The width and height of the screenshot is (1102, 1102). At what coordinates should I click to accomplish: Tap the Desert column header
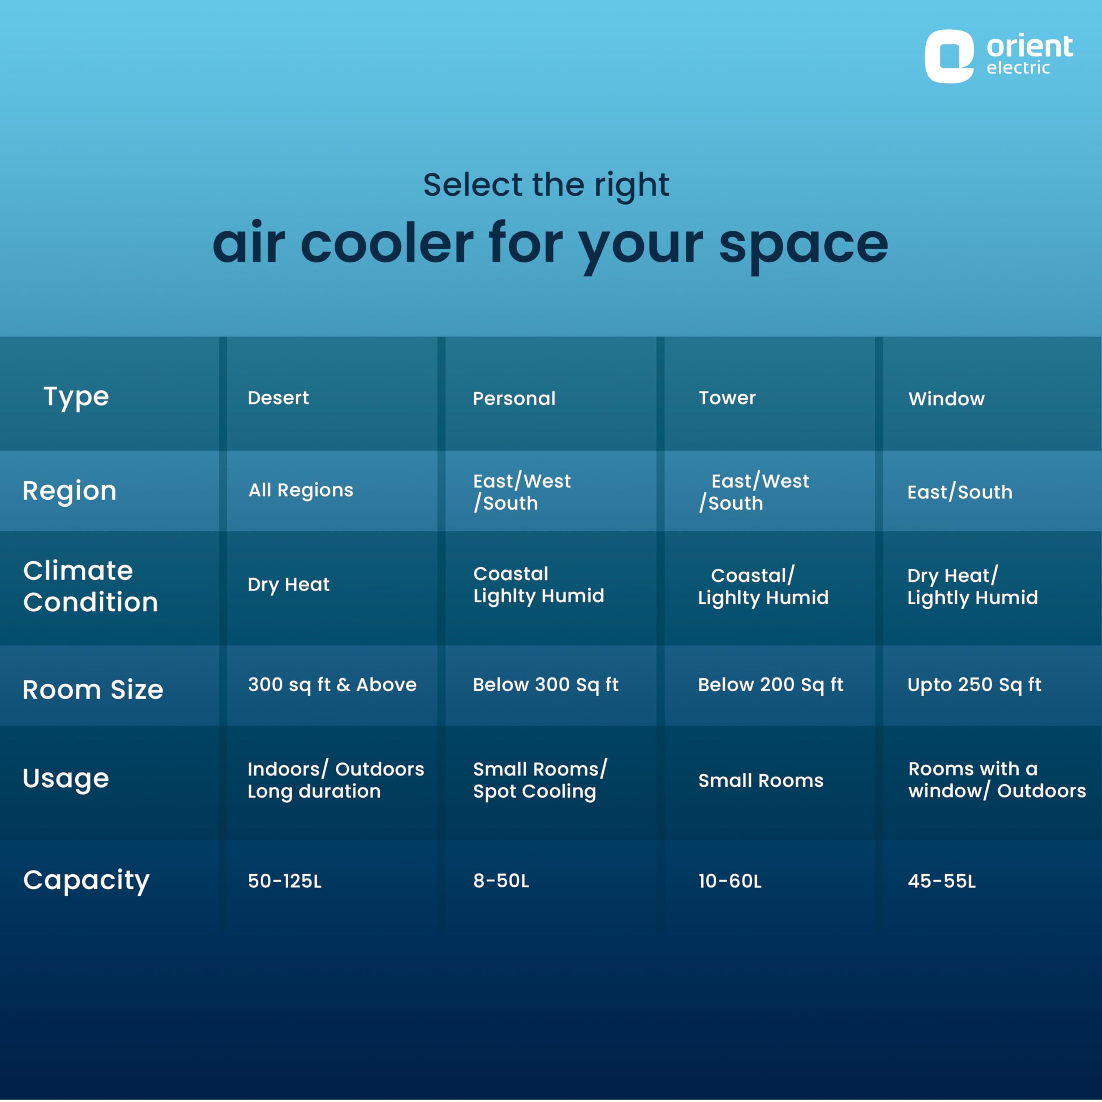[279, 398]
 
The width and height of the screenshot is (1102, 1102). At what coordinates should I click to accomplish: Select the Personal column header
[514, 398]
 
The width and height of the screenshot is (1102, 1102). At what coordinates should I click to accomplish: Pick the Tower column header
[727, 398]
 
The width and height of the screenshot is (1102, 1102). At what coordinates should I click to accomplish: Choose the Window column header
[946, 398]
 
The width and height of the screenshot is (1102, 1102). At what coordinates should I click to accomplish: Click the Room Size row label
[93, 690]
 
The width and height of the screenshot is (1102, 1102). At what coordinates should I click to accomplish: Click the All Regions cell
[300, 490]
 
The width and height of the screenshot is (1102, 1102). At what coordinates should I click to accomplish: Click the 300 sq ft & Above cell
[332, 684]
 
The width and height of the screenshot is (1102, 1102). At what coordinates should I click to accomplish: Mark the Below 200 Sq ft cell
[771, 684]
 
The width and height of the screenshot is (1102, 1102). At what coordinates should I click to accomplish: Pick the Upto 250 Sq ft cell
[974, 684]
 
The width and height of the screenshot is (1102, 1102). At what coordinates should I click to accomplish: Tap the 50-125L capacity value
[285, 881]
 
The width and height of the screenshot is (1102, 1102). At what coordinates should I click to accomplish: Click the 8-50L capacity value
[501, 881]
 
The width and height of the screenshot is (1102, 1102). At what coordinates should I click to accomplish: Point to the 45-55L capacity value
[942, 881]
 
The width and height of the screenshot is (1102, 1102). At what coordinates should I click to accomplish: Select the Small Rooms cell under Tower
[761, 780]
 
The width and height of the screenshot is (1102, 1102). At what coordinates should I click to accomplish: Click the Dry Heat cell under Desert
[288, 585]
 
